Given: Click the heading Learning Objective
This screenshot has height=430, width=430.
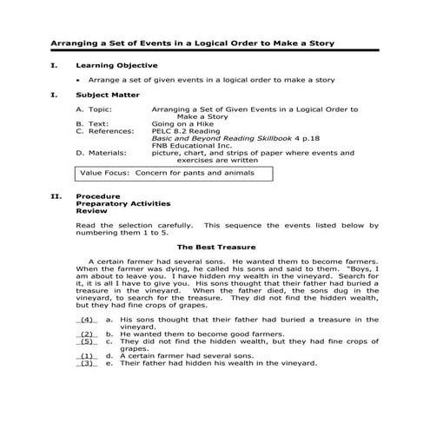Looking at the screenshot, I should pyautogui.click(x=116, y=65).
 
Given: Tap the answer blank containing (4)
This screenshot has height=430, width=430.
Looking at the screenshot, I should pyautogui.click(x=87, y=320).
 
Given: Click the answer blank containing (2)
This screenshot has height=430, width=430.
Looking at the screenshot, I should pyautogui.click(x=87, y=334).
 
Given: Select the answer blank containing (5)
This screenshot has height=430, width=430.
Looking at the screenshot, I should pyautogui.click(x=87, y=341).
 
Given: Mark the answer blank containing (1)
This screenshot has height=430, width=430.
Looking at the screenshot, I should pyautogui.click(x=87, y=356).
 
